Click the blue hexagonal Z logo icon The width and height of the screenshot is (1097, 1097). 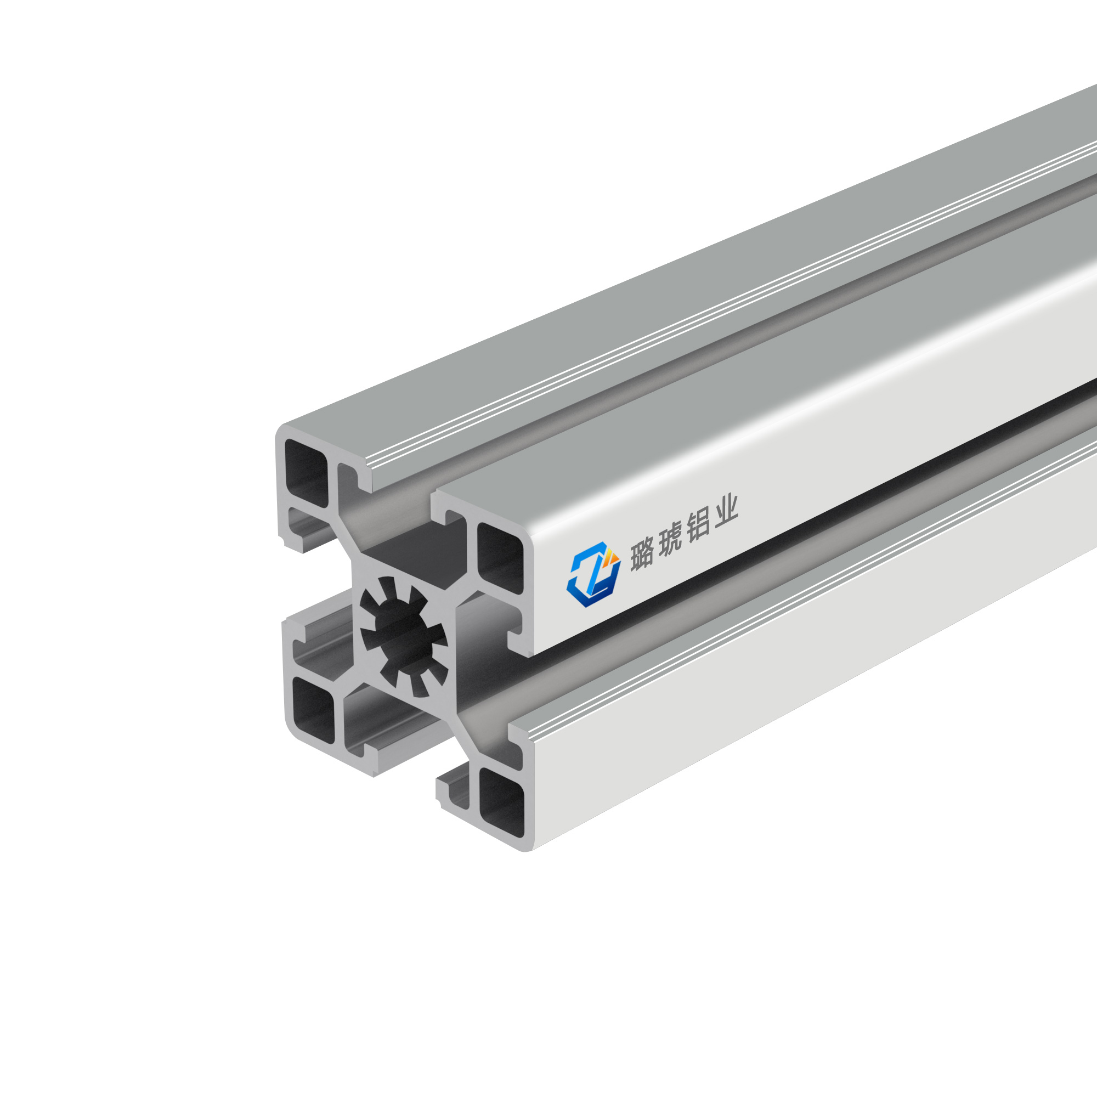pos(593,574)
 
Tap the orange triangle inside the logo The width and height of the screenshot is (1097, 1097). pos(611,558)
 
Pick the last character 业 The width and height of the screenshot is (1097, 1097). pos(726,513)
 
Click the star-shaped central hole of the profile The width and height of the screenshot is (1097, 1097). pos(403,635)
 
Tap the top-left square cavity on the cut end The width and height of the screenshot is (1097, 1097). pos(306,472)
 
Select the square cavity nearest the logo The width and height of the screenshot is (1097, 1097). pos(500,558)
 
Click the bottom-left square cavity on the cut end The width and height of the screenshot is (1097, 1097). pos(313,710)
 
